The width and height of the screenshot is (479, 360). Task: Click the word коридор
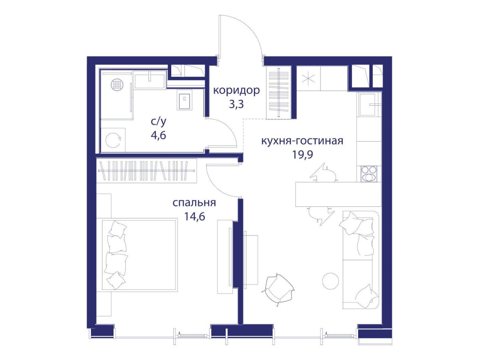click(236, 91)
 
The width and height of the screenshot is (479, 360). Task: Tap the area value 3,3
click(236, 105)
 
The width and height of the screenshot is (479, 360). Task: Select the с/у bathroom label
click(158, 122)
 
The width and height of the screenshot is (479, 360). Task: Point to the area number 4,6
click(158, 135)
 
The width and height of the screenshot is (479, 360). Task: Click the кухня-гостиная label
click(302, 141)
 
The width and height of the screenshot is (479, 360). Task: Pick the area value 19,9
click(303, 155)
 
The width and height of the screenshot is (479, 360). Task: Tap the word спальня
click(194, 203)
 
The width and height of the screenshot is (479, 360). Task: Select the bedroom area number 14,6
click(194, 217)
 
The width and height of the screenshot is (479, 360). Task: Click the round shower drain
click(117, 84)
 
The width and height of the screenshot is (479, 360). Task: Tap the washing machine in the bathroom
click(113, 140)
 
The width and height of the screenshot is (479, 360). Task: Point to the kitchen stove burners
click(369, 174)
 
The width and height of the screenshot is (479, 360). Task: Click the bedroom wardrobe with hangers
click(146, 170)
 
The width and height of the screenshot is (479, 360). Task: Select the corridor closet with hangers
click(279, 93)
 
